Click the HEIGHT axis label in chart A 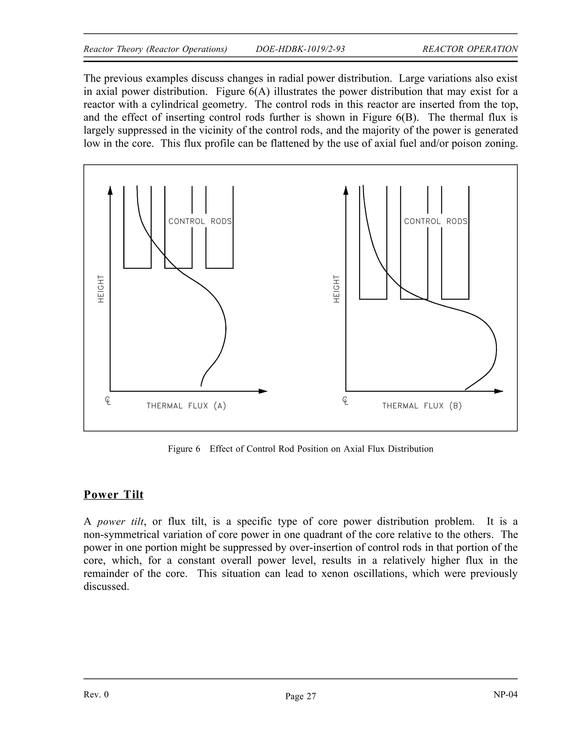[101, 289]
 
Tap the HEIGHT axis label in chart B [336, 289]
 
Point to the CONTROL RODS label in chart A [200, 221]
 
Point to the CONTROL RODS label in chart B [435, 221]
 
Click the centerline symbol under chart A [108, 401]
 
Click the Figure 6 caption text [300, 449]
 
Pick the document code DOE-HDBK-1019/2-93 [300, 49]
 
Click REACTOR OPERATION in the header [470, 49]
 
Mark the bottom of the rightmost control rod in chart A [219, 268]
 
